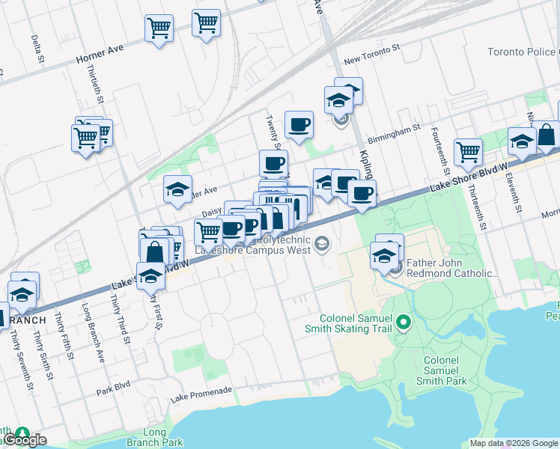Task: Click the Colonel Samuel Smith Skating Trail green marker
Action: (x=404, y=323)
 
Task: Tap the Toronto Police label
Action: (x=523, y=52)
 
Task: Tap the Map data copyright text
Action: (x=513, y=443)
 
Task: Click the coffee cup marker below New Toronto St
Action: (x=299, y=124)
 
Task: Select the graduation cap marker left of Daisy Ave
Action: (x=177, y=189)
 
